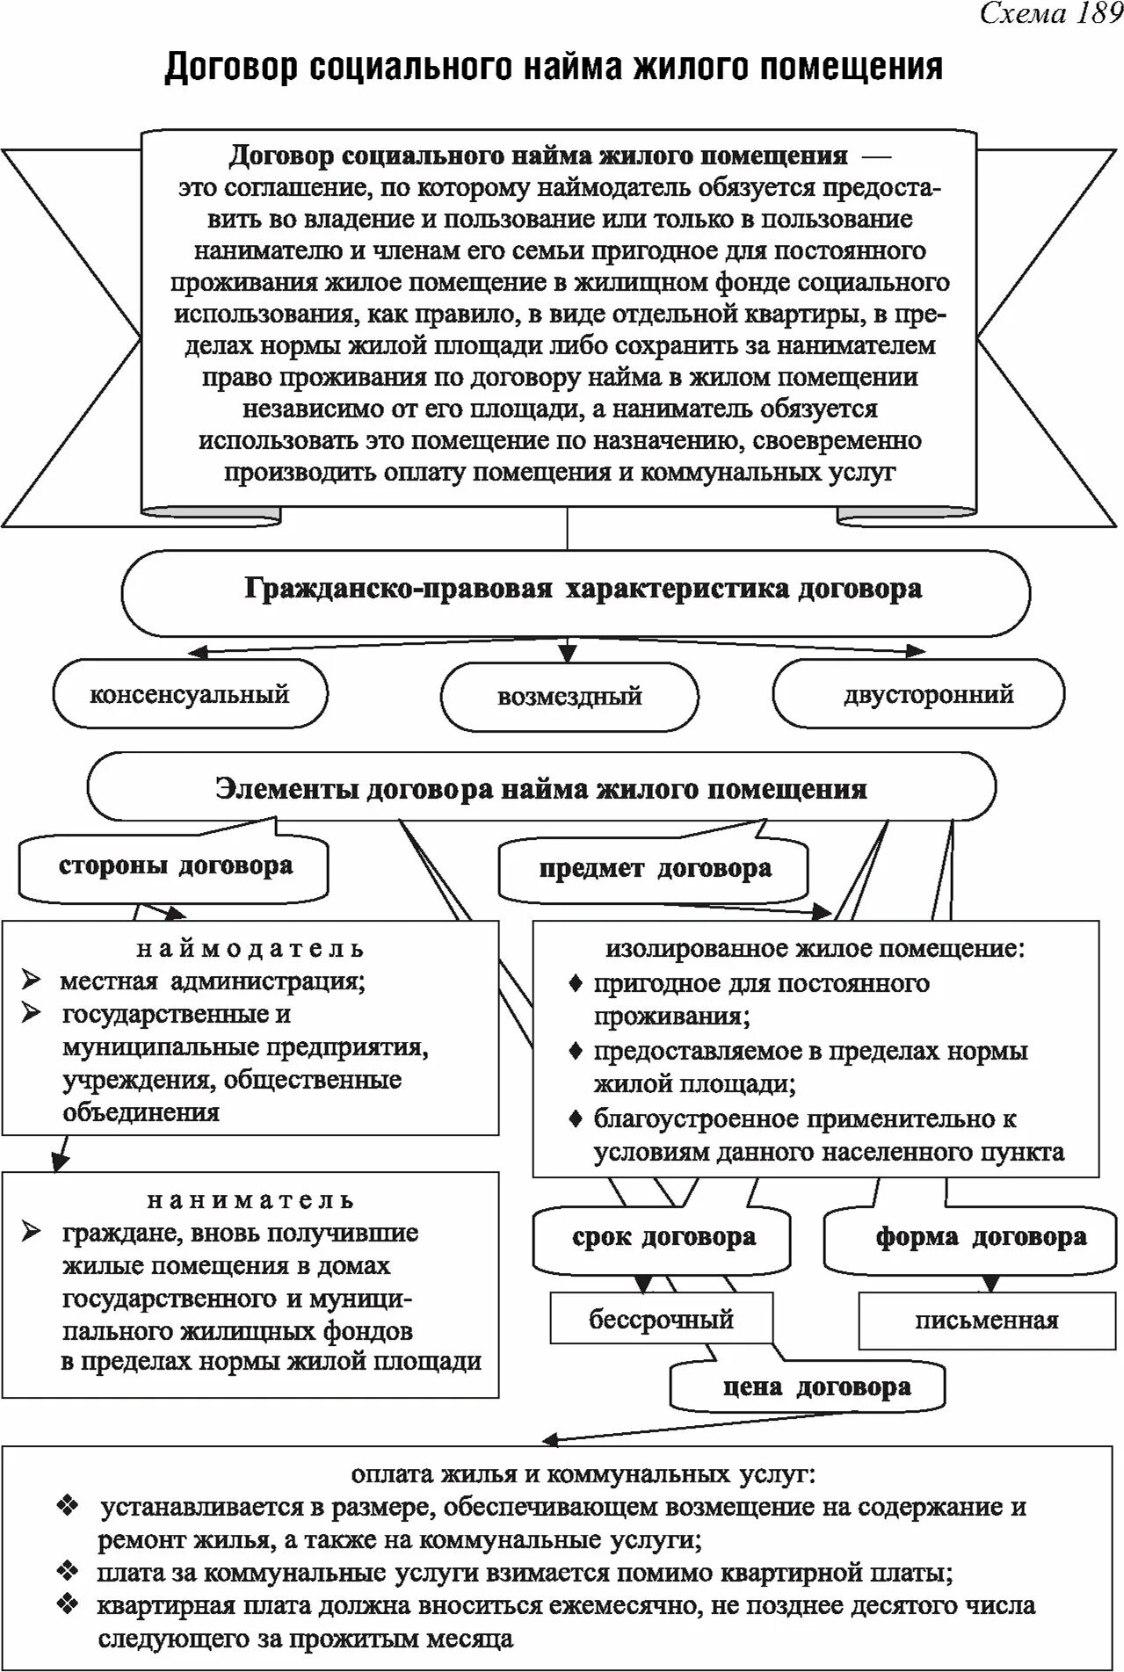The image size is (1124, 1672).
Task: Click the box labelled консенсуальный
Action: pyautogui.click(x=190, y=694)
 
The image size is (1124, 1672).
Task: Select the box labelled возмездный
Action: pyautogui.click(x=569, y=697)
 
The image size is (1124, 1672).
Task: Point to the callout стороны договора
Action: pyautogui.click(x=176, y=866)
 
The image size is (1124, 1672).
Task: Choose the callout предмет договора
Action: pyautogui.click(x=655, y=870)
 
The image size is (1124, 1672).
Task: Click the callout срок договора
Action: pyautogui.click(x=664, y=1238)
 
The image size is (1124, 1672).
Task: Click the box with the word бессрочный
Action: pyautogui.click(x=661, y=1319)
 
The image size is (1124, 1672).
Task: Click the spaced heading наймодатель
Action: pyautogui.click(x=250, y=949)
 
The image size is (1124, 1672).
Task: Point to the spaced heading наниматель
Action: pyautogui.click(x=250, y=1200)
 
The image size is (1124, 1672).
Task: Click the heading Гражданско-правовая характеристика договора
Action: pyautogui.click(x=583, y=590)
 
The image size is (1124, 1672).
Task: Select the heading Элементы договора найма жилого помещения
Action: pyautogui.click(x=541, y=788)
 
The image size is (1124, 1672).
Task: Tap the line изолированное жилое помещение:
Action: pyautogui.click(x=815, y=949)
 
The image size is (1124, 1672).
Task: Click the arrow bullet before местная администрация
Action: pyautogui.click(x=33, y=981)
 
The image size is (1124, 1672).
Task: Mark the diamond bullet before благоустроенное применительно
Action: pyautogui.click(x=576, y=1119)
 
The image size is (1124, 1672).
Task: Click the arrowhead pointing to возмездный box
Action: pyautogui.click(x=568, y=654)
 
